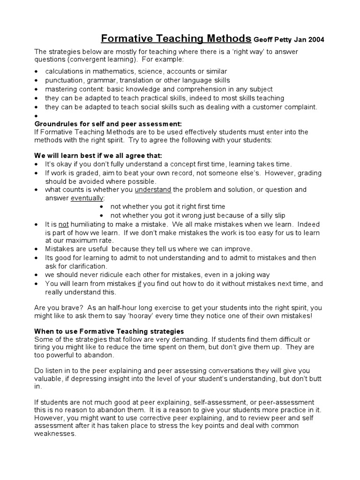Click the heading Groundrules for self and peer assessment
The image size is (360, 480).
(108, 124)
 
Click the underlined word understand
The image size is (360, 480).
(153, 190)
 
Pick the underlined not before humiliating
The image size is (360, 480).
(63, 225)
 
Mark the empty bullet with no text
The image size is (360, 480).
(37, 116)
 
